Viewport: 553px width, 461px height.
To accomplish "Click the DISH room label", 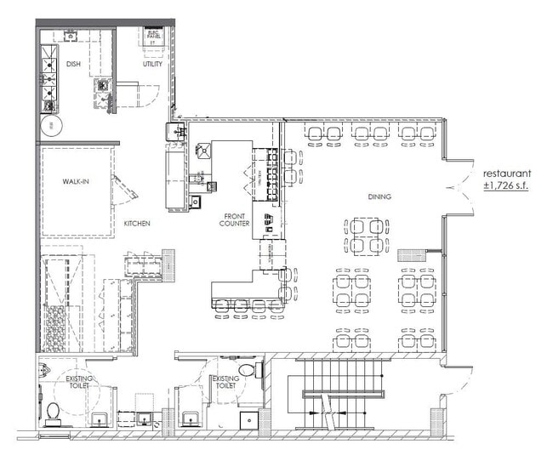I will tap(74, 64).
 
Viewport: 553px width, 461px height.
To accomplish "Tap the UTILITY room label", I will tap(152, 64).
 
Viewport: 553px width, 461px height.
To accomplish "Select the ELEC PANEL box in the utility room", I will tap(153, 37).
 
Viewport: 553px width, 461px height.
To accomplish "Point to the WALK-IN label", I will tap(76, 182).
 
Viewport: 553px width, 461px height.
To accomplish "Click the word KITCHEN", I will tap(137, 223).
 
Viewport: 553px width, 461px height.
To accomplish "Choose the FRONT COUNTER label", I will tap(234, 220).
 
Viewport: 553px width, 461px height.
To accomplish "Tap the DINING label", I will tap(379, 196).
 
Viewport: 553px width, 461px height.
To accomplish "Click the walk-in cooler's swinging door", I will tap(125, 189).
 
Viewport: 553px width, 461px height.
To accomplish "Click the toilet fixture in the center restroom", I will tap(247, 370).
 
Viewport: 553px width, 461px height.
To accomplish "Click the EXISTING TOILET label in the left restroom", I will tap(80, 383).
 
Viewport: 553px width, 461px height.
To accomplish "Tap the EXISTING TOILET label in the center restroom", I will tap(225, 383).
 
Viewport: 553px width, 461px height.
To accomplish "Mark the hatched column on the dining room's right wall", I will tap(412, 253).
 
